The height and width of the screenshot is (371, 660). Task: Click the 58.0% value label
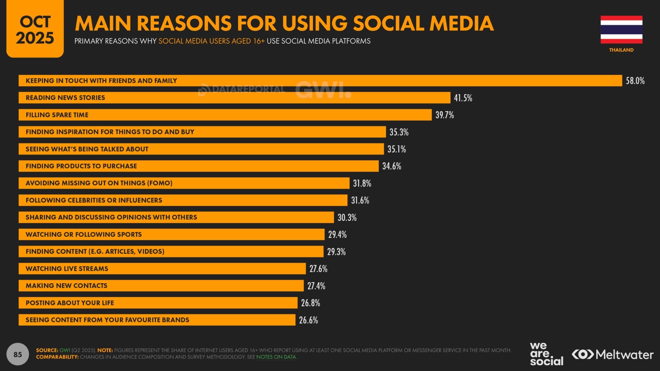[635, 81]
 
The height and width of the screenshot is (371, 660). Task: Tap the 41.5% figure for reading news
[463, 98]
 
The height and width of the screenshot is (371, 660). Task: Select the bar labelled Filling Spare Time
[225, 115]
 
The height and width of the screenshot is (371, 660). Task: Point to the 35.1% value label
[397, 149]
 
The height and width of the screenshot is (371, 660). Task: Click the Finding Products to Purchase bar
[199, 166]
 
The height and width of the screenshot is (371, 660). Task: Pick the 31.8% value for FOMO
[362, 183]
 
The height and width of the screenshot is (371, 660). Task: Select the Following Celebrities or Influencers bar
[183, 200]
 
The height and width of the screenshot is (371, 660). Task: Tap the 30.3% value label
[347, 218]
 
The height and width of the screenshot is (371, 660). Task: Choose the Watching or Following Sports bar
[171, 234]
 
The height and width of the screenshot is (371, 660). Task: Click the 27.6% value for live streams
[318, 269]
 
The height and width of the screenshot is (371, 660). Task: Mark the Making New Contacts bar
[161, 286]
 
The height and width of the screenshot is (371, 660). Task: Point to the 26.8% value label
[311, 303]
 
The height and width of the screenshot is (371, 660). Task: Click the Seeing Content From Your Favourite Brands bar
[157, 320]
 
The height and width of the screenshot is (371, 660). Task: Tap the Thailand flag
[621, 30]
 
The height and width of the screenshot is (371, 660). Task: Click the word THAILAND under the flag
[621, 50]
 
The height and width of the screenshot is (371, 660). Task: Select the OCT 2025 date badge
[35, 29]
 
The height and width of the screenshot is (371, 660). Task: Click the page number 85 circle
[18, 354]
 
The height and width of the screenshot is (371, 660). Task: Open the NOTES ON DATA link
[276, 357]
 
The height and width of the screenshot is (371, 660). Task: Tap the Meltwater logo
[613, 355]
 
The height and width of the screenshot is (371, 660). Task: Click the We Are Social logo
[547, 354]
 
